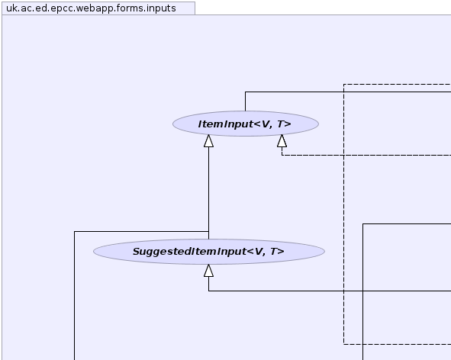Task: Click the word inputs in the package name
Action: tap(161, 8)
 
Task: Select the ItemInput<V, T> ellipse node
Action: tap(246, 124)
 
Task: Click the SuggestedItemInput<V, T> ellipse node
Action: tap(209, 252)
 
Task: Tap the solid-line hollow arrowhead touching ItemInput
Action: tap(208, 141)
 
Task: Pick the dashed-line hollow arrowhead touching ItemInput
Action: tap(282, 141)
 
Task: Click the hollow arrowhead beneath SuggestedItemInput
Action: tap(208, 271)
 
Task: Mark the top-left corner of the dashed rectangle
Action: tap(343, 84)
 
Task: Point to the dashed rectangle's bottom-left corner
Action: tap(343, 344)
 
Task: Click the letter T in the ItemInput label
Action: tap(280, 124)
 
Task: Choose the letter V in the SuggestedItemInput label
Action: tap(259, 252)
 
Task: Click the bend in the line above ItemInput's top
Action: tap(246, 92)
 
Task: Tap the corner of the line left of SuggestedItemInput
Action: tap(75, 231)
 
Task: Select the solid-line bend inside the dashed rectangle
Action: tap(363, 223)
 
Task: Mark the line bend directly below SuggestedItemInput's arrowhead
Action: tap(209, 291)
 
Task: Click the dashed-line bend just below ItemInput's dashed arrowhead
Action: tap(282, 156)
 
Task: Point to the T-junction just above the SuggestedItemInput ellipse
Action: tap(209, 231)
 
